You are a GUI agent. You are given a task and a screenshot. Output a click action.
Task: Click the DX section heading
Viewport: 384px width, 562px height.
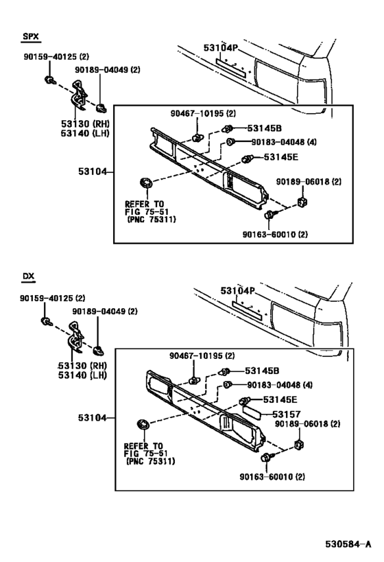tap(28, 277)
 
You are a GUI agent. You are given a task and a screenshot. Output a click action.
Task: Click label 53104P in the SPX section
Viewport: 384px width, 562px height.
tap(220, 48)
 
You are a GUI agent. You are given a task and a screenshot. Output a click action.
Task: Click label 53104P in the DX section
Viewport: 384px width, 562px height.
tap(237, 291)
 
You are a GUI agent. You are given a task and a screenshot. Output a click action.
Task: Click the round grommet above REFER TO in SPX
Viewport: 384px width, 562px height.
tap(145, 184)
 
